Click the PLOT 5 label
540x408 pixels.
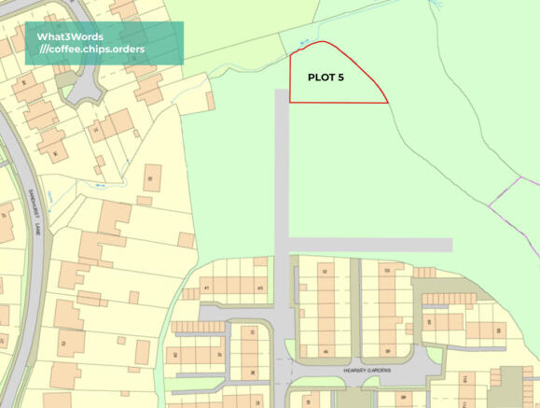click(x=326, y=78)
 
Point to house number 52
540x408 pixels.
click(x=325, y=270)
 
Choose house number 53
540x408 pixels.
click(x=388, y=270)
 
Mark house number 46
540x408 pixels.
click(x=325, y=350)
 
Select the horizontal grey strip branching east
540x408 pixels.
click(x=373, y=245)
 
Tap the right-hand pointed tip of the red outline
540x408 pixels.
click(x=388, y=102)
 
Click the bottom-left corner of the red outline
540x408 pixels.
click(x=290, y=102)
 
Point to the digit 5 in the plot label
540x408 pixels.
click(x=341, y=78)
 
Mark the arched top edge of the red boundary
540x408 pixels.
click(x=322, y=43)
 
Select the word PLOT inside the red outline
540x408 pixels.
click(x=321, y=78)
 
